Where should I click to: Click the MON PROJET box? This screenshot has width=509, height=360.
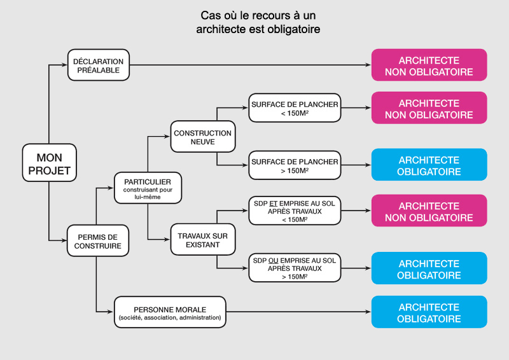(49, 164)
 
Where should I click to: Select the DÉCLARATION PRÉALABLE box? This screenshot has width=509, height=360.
(99, 65)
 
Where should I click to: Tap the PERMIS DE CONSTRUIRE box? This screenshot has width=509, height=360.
(95, 240)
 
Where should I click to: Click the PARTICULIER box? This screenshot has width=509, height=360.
(147, 187)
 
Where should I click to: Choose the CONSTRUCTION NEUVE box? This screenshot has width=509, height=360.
(202, 137)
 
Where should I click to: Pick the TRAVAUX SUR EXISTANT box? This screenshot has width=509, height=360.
(202, 240)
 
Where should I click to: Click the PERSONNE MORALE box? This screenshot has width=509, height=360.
(169, 312)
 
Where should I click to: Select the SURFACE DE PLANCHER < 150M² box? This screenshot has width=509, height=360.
(294, 109)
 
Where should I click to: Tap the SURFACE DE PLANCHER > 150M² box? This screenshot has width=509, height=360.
(294, 166)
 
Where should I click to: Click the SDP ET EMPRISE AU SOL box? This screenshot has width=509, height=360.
(294, 211)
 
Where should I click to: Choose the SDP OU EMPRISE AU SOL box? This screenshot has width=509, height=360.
(294, 268)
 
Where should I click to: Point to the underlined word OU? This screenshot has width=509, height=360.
(274, 261)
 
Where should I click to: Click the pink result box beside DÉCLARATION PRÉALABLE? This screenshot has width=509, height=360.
(429, 65)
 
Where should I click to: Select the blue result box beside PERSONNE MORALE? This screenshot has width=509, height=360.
(429, 312)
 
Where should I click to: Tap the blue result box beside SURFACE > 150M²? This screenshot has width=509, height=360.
(429, 165)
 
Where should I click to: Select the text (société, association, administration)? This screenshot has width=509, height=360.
(169, 317)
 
